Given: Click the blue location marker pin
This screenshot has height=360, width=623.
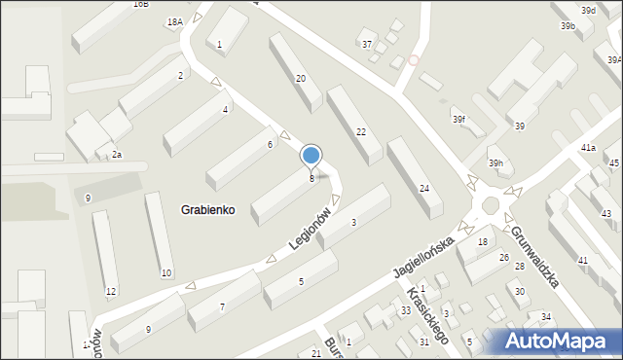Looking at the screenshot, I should point(311,157).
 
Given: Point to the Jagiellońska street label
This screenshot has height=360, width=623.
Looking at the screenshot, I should point(425,257).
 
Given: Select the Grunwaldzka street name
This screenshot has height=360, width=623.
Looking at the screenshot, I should point(533,255).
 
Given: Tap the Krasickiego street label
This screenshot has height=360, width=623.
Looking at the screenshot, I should point(427,316).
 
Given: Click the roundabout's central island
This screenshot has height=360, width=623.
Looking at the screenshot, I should point(490,205).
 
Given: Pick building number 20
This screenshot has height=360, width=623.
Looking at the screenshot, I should point(301,79).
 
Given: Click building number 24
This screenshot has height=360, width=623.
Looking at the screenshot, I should point(423,188).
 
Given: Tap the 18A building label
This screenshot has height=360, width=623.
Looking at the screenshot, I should point(174,21).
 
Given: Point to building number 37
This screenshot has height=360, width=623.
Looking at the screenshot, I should point(367,45).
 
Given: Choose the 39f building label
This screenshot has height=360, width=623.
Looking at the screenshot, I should point(458,120).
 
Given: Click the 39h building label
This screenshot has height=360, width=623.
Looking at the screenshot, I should point(495,162).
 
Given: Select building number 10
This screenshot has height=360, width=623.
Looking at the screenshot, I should point(166,272).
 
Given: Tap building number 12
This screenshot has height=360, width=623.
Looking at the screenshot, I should point(111,292).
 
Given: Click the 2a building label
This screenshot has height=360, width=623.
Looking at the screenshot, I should point(116,155).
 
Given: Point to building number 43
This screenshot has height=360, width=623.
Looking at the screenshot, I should point(606,213).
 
